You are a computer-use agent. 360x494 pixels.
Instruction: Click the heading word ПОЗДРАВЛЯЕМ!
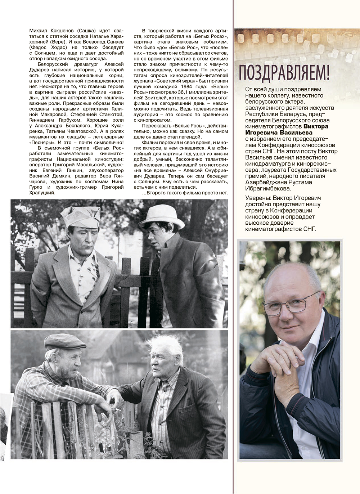coord(284,72)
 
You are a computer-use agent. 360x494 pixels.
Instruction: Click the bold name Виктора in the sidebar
coord(316,126)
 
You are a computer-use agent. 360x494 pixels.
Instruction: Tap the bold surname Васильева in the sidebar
coord(293,133)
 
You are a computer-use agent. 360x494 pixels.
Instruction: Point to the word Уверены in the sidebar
coord(257,198)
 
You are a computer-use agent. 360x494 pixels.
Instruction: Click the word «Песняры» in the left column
coord(42,142)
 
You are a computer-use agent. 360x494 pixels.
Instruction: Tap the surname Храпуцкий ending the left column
coord(42,193)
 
